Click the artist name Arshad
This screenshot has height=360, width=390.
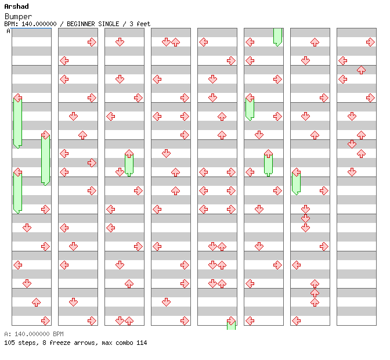click(16, 6)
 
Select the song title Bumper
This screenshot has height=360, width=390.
click(18, 17)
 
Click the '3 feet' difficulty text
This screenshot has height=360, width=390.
click(140, 24)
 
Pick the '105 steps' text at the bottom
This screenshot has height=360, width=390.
click(21, 343)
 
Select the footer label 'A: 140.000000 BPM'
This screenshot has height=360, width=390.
click(34, 334)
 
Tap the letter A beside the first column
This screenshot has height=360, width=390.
click(9, 31)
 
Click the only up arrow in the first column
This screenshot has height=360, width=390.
click(36, 303)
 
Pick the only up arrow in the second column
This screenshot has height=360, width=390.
click(82, 135)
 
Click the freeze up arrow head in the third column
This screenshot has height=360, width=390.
click(129, 154)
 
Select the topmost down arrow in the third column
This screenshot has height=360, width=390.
click(120, 42)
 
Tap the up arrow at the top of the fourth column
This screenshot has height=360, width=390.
click(176, 42)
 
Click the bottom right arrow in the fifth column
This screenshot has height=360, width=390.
click(231, 321)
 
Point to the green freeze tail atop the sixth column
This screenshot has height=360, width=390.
click(277, 37)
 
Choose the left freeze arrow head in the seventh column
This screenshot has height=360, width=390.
click(296, 172)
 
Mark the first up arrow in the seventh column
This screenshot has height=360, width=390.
click(315, 42)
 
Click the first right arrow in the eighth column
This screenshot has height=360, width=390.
click(371, 42)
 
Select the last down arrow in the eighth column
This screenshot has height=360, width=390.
click(352, 172)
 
